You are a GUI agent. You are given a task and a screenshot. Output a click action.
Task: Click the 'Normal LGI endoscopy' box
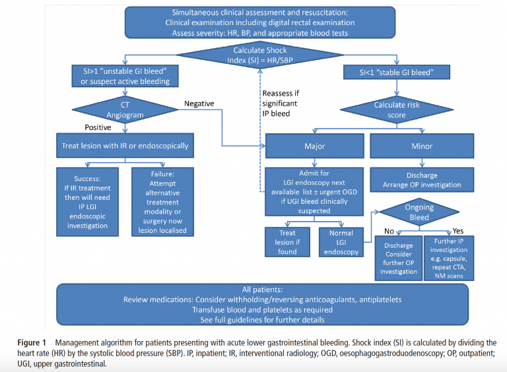(341, 242)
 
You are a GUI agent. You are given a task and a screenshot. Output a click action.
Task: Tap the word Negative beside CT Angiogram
(199, 104)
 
